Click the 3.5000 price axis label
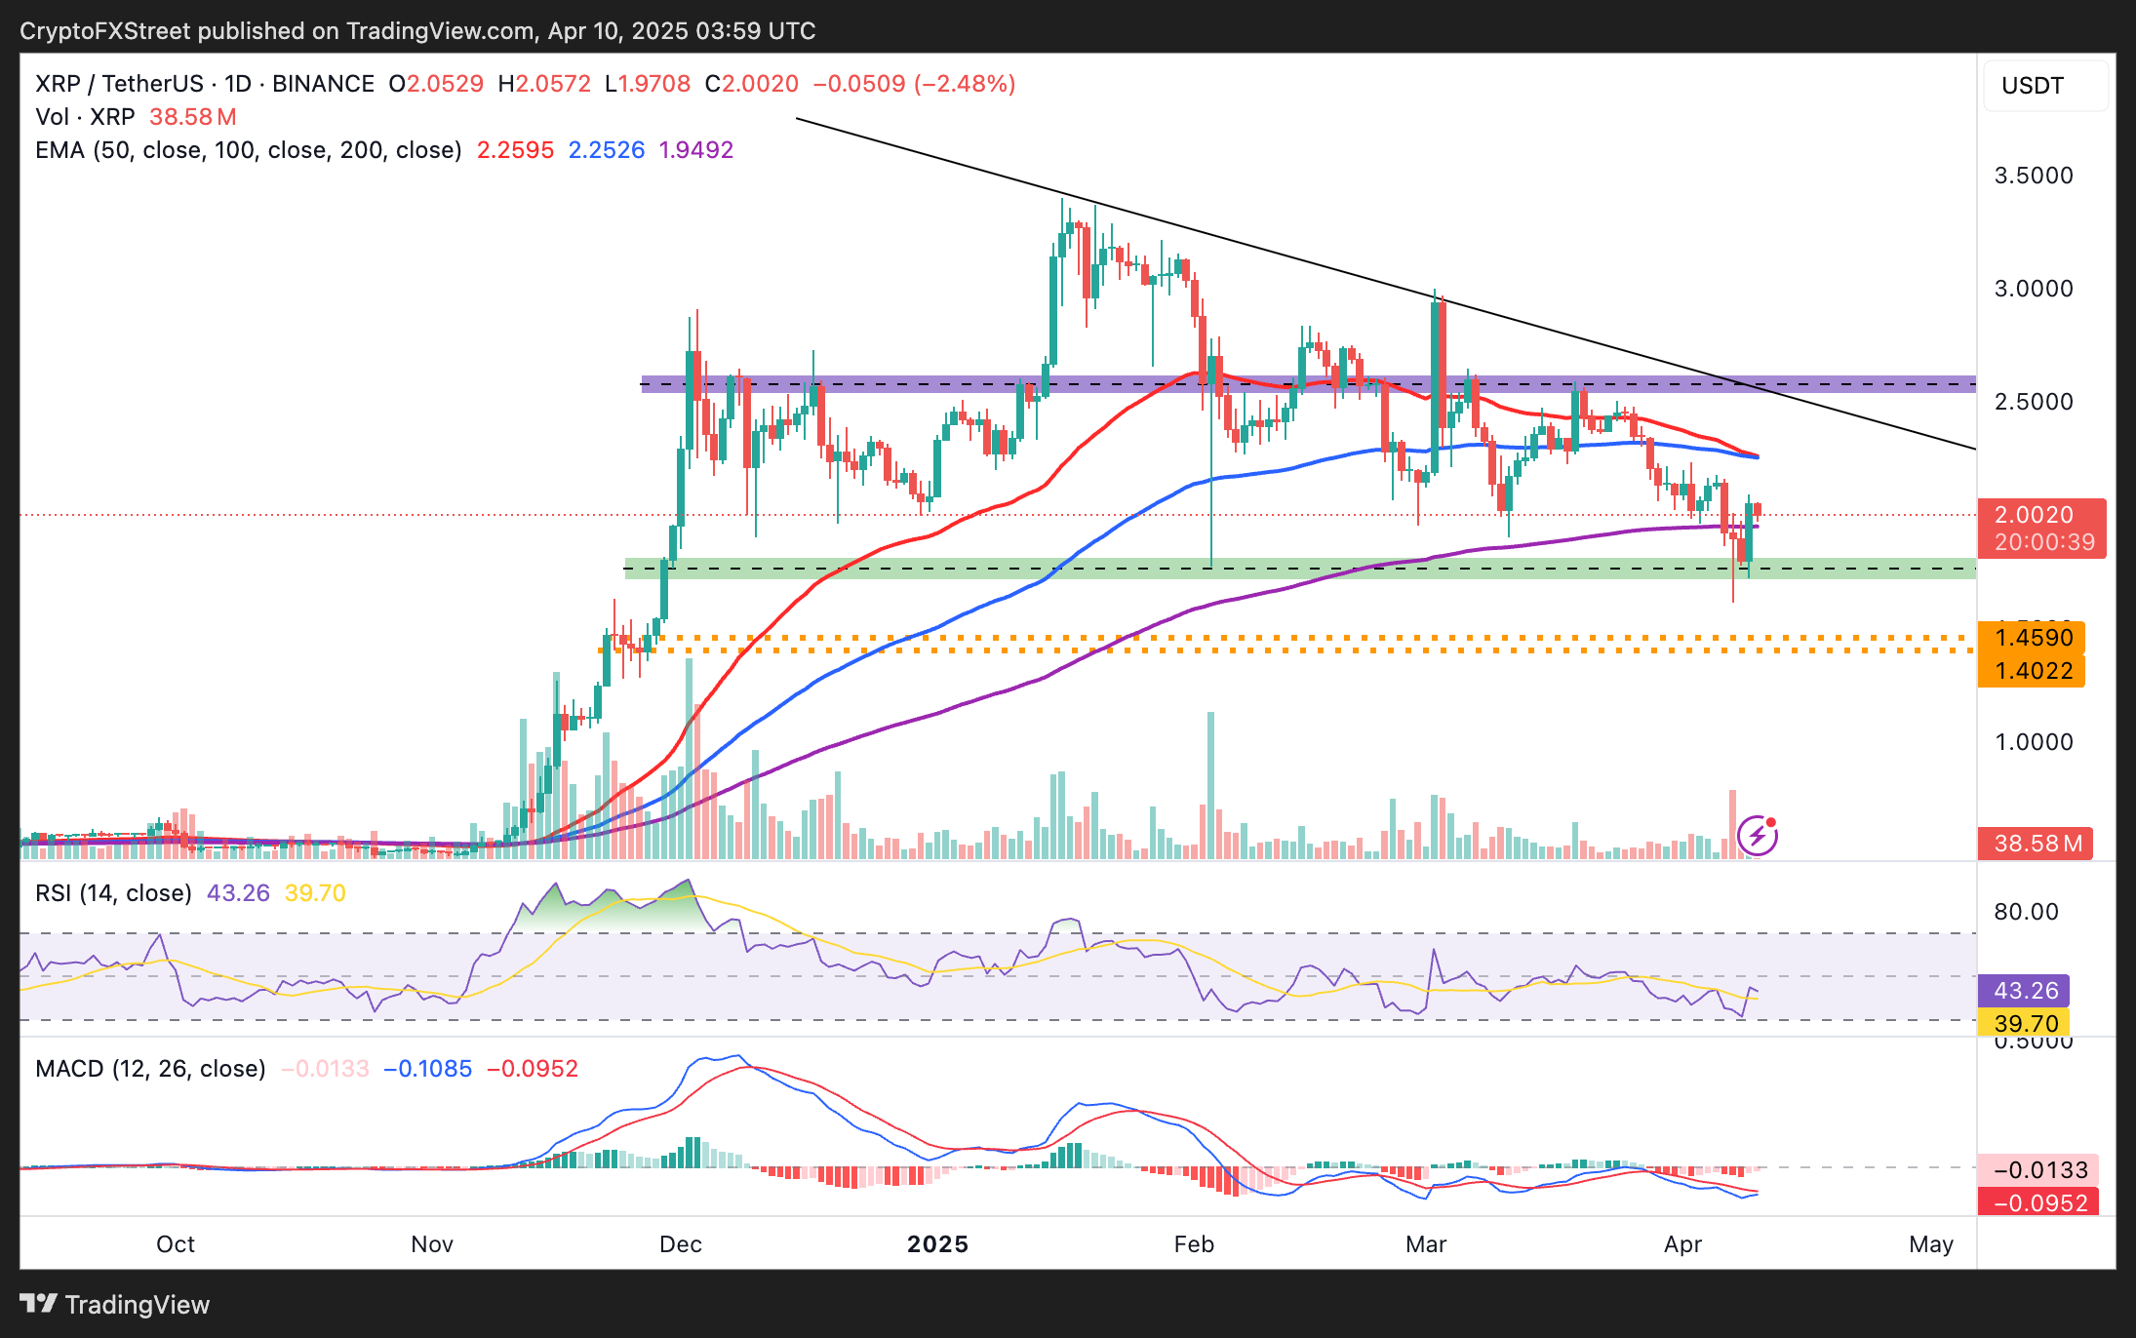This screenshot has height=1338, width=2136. pyautogui.click(x=2034, y=176)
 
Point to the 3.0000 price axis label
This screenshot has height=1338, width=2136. pyautogui.click(x=2034, y=289)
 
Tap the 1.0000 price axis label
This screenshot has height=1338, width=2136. pyautogui.click(x=2034, y=742)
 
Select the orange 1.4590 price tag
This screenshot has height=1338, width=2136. pyautogui.click(x=2033, y=638)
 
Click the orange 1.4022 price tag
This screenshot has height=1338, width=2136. pyautogui.click(x=2033, y=671)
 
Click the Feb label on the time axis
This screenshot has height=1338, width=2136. pyautogui.click(x=1194, y=1244)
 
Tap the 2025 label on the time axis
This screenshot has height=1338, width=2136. pyautogui.click(x=937, y=1244)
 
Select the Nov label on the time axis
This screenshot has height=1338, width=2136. pyautogui.click(x=432, y=1244)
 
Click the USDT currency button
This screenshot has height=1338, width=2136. pyautogui.click(x=2044, y=86)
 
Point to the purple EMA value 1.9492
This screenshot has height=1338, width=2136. pyautogui.click(x=695, y=150)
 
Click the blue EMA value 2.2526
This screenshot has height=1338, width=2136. pyautogui.click(x=606, y=150)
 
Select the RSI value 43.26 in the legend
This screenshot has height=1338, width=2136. pyautogui.click(x=238, y=893)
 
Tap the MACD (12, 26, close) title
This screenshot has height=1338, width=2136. pyautogui.click(x=150, y=1069)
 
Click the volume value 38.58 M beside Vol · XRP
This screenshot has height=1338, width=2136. pyautogui.click(x=192, y=117)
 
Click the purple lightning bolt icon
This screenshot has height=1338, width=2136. pyautogui.click(x=1758, y=835)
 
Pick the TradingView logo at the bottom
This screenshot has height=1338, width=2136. pyautogui.click(x=115, y=1304)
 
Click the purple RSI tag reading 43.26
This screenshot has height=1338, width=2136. pyautogui.click(x=2025, y=991)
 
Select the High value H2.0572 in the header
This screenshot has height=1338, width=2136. pyautogui.click(x=544, y=84)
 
